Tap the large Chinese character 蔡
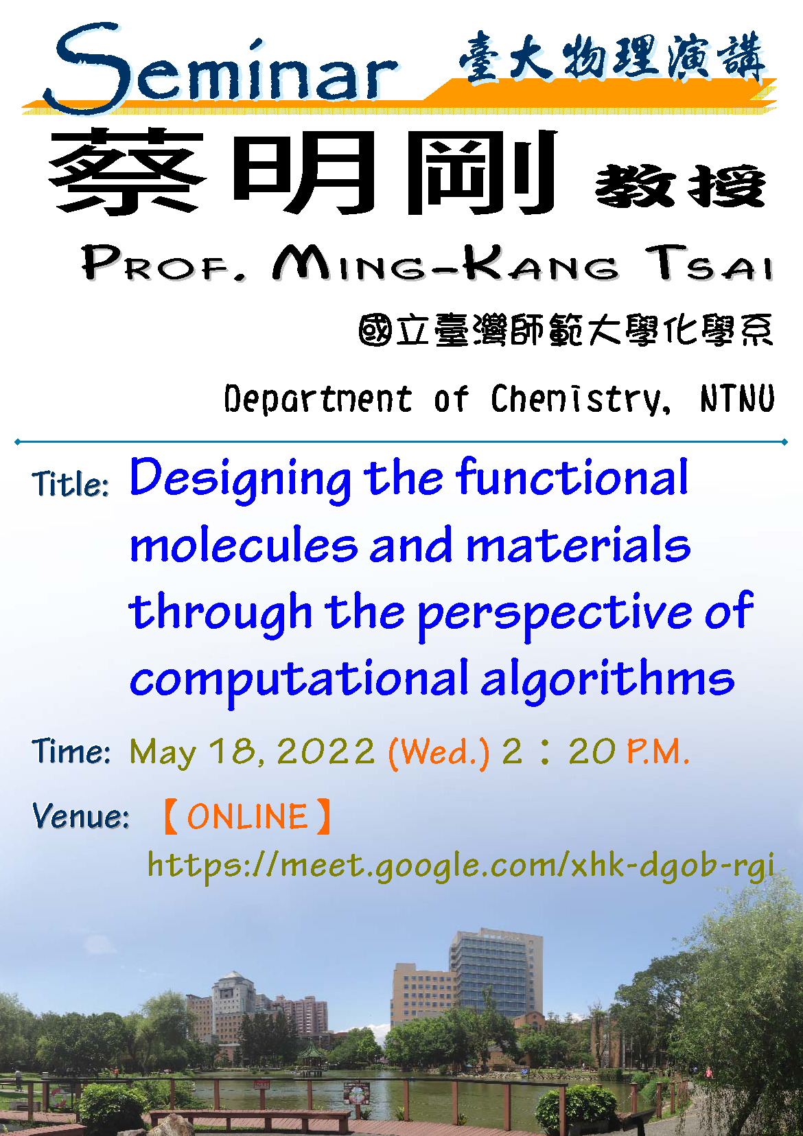click(127, 172)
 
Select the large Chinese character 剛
click(482, 172)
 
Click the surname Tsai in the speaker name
click(709, 263)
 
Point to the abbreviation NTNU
click(738, 398)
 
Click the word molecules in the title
click(244, 545)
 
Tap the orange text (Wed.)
click(439, 752)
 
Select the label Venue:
click(80, 816)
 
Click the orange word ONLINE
click(247, 817)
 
